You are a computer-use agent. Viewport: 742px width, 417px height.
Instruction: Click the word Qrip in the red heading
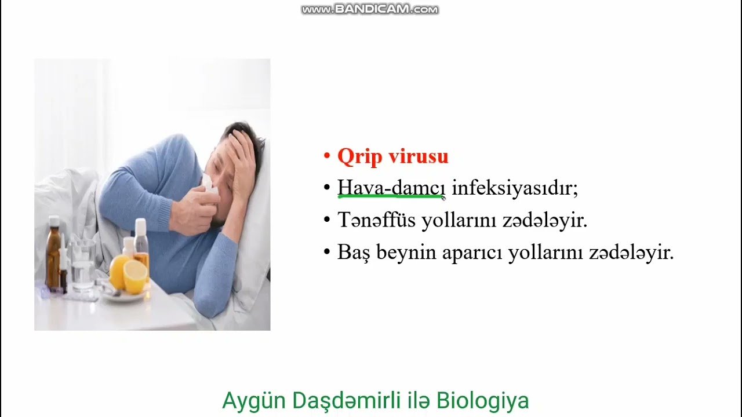click(x=359, y=156)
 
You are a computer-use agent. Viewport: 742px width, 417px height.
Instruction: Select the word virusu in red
click(x=418, y=156)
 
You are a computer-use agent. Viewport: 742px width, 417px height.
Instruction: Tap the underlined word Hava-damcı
click(x=391, y=188)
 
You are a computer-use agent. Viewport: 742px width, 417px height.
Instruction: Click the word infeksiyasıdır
click(x=515, y=188)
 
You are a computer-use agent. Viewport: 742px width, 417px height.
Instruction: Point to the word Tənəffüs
click(x=376, y=221)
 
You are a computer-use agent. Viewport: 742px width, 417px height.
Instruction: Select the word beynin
click(x=406, y=253)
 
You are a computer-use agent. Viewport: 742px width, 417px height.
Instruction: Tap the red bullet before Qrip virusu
click(x=327, y=157)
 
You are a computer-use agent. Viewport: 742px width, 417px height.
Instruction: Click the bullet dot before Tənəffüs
click(x=327, y=221)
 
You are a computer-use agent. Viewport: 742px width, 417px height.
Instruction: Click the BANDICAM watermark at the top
click(x=370, y=9)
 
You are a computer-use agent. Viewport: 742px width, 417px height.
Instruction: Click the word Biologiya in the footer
click(x=482, y=401)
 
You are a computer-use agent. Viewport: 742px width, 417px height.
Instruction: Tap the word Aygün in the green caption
click(x=254, y=401)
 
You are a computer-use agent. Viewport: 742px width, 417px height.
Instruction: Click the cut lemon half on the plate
click(x=135, y=277)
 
